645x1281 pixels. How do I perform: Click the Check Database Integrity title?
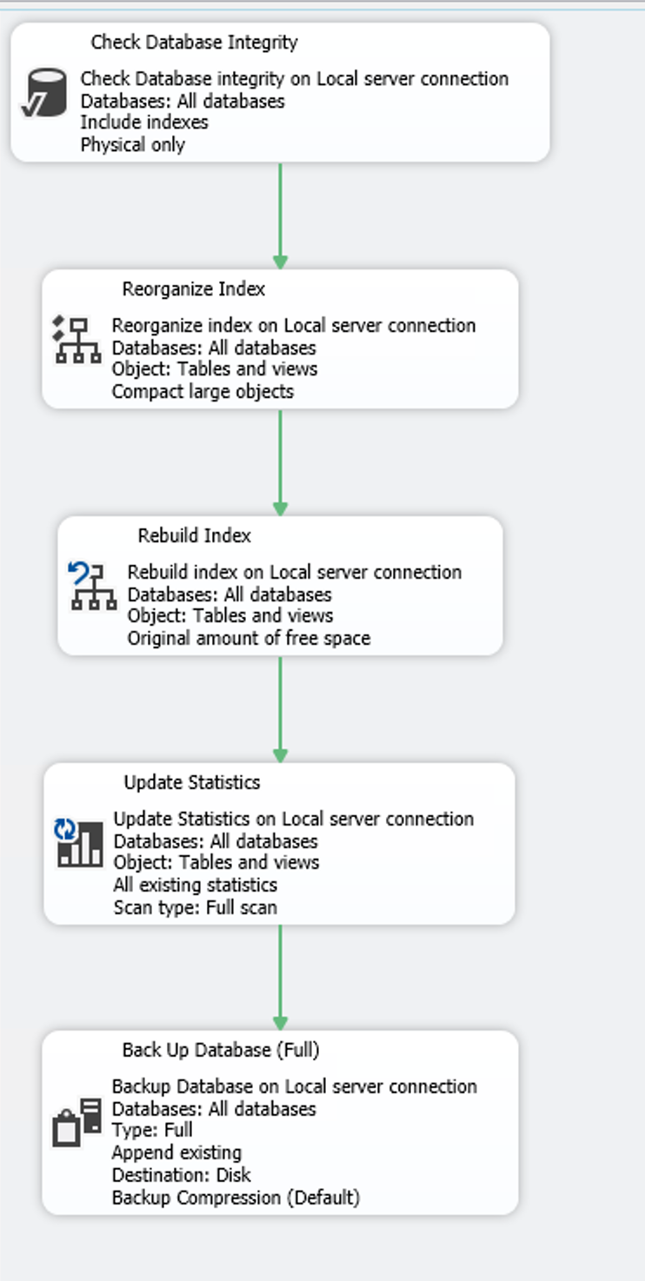(x=194, y=42)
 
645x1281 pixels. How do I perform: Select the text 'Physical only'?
(x=133, y=144)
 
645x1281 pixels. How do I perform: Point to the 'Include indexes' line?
(x=144, y=123)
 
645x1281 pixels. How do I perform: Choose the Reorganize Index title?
(x=194, y=289)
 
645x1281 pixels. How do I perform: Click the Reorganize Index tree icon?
(x=77, y=340)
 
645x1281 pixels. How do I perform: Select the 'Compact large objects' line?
(x=203, y=391)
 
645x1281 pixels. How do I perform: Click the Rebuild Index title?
(x=195, y=535)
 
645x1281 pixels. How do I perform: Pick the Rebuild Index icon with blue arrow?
(x=91, y=587)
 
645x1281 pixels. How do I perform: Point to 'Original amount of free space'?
(x=249, y=638)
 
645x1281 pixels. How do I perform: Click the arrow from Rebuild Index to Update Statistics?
(x=280, y=709)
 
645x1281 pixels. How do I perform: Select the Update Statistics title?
(x=192, y=782)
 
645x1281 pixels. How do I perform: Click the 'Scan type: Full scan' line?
(x=196, y=907)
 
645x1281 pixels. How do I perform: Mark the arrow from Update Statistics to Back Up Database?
(x=280, y=977)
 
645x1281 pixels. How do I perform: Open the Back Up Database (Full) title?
(x=221, y=1050)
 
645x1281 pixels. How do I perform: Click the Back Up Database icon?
(x=77, y=1122)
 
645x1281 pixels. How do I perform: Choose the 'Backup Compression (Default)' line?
(x=236, y=1198)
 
